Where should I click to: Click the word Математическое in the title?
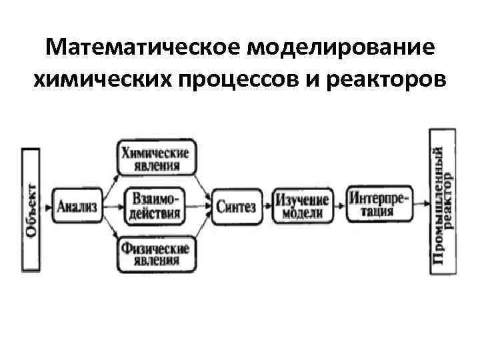coord(143,49)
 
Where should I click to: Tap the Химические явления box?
coord(155,159)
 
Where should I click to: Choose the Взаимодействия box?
coord(155,206)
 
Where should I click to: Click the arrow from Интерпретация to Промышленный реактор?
coord(421,203)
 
